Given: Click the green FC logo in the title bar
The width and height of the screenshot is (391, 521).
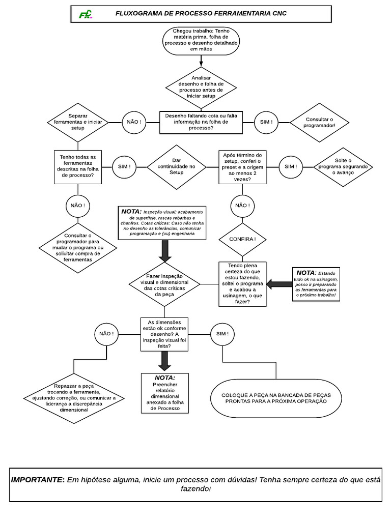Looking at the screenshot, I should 85,14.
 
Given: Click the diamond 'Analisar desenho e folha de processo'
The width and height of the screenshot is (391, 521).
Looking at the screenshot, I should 202,87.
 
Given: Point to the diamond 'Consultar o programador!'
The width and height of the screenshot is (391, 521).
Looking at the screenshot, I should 319,122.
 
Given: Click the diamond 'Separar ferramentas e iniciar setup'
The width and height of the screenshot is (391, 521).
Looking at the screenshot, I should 77,122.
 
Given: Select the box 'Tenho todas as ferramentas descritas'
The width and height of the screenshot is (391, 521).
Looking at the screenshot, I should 77,166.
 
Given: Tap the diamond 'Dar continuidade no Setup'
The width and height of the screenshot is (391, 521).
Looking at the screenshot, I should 177,166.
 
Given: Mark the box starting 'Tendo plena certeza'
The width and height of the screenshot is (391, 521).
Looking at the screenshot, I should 242,284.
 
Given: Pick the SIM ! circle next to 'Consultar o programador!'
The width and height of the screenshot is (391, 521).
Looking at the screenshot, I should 266,122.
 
